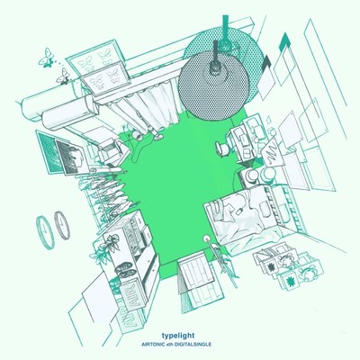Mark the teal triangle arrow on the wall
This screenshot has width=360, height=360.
pyautogui.click(x=284, y=40)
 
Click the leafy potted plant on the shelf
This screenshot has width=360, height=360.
pyautogui.click(x=110, y=242)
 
